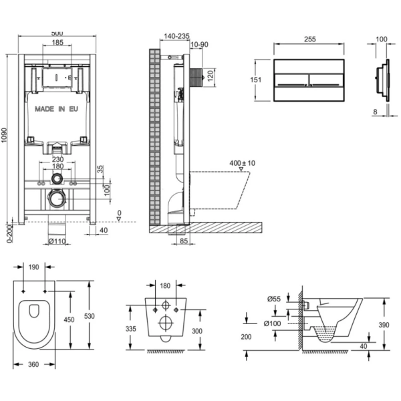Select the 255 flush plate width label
[x=309, y=39]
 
